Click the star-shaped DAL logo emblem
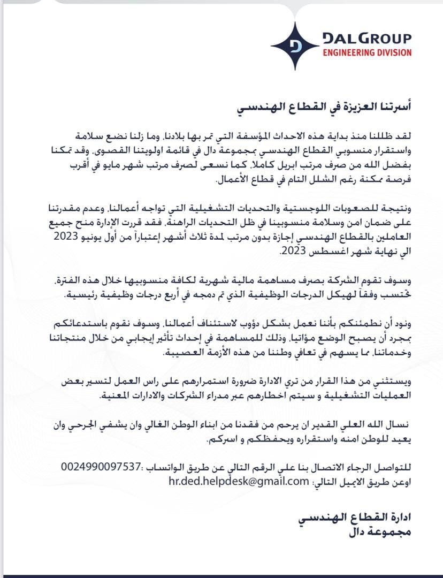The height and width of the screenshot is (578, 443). [294, 46]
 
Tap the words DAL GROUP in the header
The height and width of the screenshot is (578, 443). [366, 39]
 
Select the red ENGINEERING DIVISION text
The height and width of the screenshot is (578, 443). [366, 52]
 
